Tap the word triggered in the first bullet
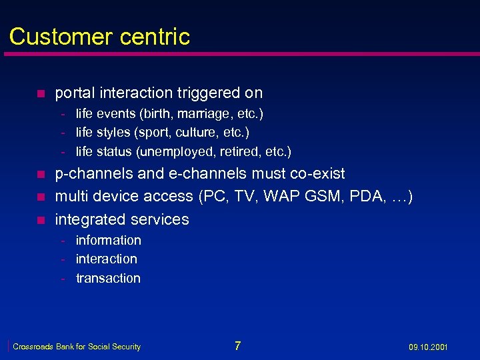click(202, 93)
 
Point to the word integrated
click(87, 219)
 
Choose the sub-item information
click(109, 240)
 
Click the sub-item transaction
click(108, 278)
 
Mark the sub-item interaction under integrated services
click(107, 259)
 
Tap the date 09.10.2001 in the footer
click(428, 347)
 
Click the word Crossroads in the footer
click(33, 347)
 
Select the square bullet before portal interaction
click(40, 93)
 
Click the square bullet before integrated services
click(40, 220)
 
